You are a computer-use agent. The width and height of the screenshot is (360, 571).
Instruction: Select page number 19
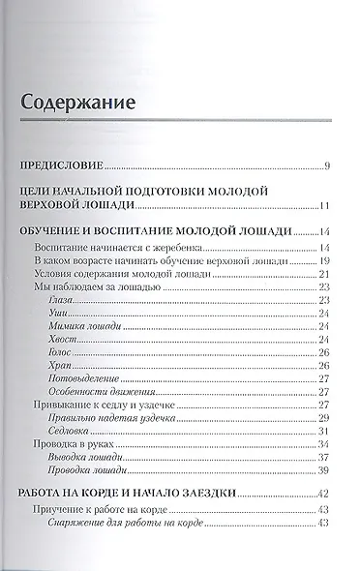tap(326, 261)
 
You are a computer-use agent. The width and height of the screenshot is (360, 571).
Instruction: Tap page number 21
tap(326, 276)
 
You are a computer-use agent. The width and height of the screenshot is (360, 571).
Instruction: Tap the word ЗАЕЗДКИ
tap(235, 495)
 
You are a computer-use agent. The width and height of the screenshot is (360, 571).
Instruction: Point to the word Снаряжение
tap(78, 524)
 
